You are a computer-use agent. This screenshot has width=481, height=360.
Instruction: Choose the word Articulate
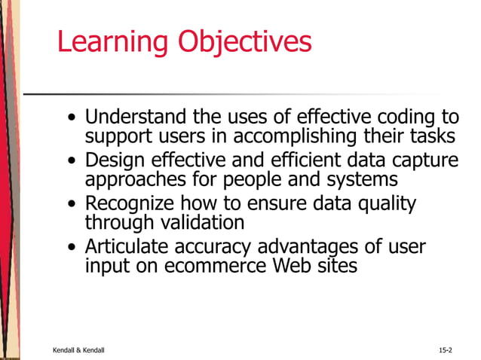click(128, 247)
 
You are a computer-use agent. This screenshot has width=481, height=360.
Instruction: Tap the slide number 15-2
click(445, 351)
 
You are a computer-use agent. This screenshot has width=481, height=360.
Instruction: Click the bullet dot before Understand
click(71, 119)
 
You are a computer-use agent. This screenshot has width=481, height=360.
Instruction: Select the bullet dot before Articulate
click(71, 248)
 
